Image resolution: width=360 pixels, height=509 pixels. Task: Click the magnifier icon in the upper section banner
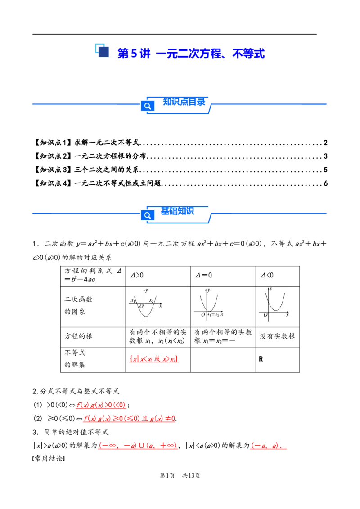pyautogui.click(x=148, y=106)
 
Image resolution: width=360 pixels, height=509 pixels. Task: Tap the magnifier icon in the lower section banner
pyautogui.click(x=148, y=215)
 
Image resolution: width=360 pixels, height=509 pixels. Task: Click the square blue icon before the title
pyautogui.click(x=102, y=50)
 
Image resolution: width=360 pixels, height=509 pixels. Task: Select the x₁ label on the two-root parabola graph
pyautogui.click(x=133, y=300)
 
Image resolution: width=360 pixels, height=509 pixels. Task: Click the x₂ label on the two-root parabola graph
pyautogui.click(x=152, y=300)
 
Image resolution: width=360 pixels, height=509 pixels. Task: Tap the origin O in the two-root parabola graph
pyautogui.click(x=141, y=306)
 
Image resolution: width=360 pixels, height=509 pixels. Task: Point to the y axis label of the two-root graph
pyautogui.click(x=147, y=290)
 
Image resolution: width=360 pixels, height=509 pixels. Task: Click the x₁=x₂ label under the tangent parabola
pyautogui.click(x=213, y=314)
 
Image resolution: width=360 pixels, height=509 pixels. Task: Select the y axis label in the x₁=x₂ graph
pyautogui.click(x=208, y=290)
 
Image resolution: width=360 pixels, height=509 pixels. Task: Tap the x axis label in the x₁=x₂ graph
pyautogui.click(x=222, y=314)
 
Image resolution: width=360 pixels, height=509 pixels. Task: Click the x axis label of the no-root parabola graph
pyautogui.click(x=287, y=314)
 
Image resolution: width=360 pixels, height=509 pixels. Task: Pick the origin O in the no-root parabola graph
pyautogui.click(x=265, y=315)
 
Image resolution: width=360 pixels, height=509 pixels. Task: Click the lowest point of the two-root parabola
pyautogui.click(x=144, y=316)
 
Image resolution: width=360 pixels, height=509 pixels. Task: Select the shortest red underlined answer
pyautogui.click(x=268, y=446)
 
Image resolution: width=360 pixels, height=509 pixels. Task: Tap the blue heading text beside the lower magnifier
pyautogui.click(x=177, y=211)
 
